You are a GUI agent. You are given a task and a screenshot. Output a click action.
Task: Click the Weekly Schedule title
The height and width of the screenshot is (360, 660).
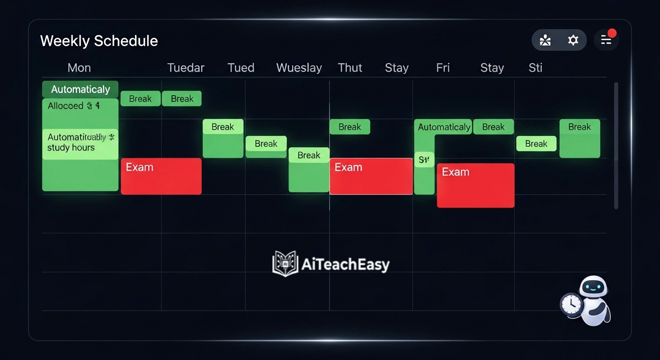pyautogui.click(x=99, y=41)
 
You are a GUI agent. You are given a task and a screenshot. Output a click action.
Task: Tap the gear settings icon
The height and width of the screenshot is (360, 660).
pyautogui.click(x=573, y=40)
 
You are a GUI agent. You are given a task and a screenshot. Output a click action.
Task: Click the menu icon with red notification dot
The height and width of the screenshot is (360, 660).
pyautogui.click(x=606, y=40)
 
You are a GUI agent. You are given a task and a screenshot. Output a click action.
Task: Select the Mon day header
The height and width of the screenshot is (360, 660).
pyautogui.click(x=79, y=68)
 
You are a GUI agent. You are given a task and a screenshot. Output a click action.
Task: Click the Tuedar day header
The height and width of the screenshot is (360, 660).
pyautogui.click(x=186, y=68)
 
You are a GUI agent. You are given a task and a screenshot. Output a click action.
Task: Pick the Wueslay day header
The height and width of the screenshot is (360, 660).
pyautogui.click(x=299, y=68)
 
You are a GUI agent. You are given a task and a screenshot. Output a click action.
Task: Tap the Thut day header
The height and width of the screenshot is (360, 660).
pyautogui.click(x=350, y=68)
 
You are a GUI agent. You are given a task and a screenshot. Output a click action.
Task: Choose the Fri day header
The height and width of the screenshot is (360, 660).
pyautogui.click(x=442, y=68)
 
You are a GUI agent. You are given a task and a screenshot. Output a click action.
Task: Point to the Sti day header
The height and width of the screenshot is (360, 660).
pyautogui.click(x=535, y=68)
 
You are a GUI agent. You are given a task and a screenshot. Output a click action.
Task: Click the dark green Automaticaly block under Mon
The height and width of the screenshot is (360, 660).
pyautogui.click(x=80, y=89)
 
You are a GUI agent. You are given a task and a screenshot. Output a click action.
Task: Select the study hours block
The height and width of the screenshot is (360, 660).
pyautogui.click(x=80, y=143)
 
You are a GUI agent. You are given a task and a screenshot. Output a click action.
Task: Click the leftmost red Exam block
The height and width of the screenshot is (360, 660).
pyautogui.click(x=161, y=176)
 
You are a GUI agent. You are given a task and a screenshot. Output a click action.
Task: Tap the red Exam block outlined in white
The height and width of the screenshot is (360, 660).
pyautogui.click(x=371, y=176)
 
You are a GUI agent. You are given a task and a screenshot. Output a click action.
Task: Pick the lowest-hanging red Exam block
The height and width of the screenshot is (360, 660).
pyautogui.click(x=475, y=186)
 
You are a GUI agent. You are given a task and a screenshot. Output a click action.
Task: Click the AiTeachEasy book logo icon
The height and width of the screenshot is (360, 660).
pyautogui.click(x=285, y=264)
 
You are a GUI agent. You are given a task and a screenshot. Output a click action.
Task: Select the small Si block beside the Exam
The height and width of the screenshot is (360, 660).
pyautogui.click(x=424, y=160)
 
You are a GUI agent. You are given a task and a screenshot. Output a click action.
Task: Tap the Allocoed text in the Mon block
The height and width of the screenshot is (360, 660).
pyautogui.click(x=66, y=106)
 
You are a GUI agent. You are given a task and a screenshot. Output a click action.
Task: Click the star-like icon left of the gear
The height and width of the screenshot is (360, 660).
pyautogui.click(x=545, y=40)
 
